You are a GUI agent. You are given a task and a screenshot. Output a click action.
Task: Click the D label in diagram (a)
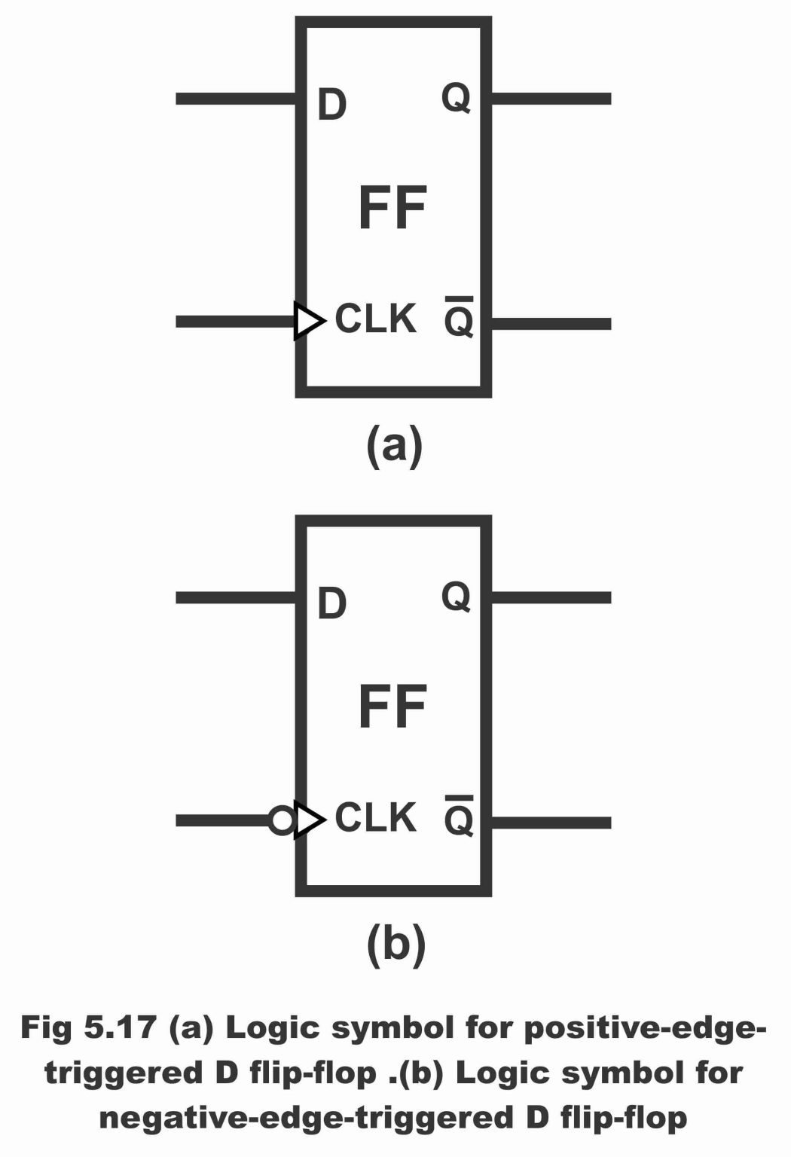coord(331,105)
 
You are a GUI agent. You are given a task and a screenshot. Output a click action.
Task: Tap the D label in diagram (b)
coord(331,603)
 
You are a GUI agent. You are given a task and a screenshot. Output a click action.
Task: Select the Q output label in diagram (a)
coord(456,98)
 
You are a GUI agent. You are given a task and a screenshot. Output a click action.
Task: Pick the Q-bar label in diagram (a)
coord(458,319)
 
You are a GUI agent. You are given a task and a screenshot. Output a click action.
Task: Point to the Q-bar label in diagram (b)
coord(458,817)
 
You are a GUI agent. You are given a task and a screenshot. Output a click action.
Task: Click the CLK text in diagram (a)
coord(375,319)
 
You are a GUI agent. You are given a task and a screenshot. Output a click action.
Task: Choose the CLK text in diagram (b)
coord(375,817)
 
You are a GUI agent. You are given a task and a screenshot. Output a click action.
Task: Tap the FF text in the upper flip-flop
coord(392,209)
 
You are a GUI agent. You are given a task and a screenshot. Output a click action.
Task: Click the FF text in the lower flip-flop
coord(392,707)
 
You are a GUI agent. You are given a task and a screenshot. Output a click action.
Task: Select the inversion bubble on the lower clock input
coord(282,820)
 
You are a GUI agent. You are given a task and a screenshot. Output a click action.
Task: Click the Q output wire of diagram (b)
coord(551,598)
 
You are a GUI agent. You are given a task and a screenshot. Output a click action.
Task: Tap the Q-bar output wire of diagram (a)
coord(551,324)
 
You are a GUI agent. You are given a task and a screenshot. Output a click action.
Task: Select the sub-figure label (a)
coord(394,446)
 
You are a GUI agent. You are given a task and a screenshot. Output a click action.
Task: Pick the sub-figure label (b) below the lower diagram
coord(395,944)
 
